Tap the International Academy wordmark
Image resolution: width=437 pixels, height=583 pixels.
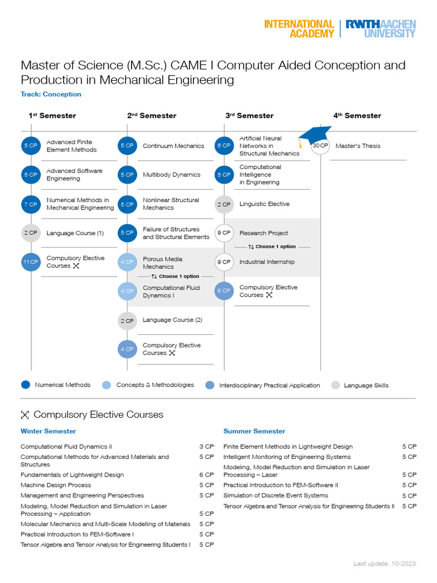(299, 28)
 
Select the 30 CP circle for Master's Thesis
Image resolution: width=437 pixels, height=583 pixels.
(320, 146)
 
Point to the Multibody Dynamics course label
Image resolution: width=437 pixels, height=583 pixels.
(171, 175)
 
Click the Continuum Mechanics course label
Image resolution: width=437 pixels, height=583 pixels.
(173, 146)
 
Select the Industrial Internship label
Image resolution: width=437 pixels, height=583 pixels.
(267, 262)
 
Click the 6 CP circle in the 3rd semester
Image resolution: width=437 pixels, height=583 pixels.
(224, 146)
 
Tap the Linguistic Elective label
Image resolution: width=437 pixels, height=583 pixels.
(264, 204)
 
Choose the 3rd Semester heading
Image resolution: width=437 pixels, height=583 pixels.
(249, 116)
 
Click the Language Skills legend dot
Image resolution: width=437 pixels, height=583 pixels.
(335, 385)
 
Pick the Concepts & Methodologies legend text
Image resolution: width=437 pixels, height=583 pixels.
(155, 385)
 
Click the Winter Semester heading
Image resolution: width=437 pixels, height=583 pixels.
(48, 431)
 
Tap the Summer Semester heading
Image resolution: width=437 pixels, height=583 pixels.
(254, 431)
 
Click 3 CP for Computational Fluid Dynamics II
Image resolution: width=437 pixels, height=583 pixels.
(206, 446)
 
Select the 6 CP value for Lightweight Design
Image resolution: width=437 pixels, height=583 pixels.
(206, 475)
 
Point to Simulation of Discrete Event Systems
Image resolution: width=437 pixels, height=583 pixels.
(275, 495)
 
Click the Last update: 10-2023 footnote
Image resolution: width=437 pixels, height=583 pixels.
(384, 564)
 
